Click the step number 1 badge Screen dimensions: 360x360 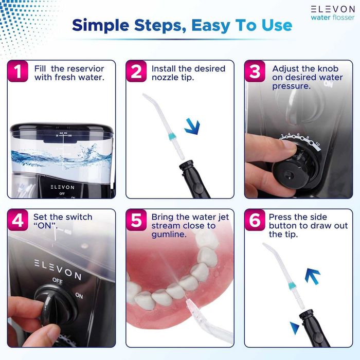[x=19, y=73]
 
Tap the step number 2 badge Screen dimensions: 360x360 [x=136, y=73]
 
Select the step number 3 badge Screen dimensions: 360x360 [x=255, y=73]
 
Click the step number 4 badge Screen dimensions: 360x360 [x=19, y=221]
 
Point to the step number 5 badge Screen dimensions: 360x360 [x=136, y=221]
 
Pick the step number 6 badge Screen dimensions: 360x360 [x=255, y=221]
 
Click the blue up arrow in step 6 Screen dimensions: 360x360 [x=312, y=277]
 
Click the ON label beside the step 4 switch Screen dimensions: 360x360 [x=79, y=296]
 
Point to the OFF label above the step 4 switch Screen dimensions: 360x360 [x=57, y=280]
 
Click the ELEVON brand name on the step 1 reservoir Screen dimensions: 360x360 [x=61, y=187]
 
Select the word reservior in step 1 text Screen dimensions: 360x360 [x=82, y=68]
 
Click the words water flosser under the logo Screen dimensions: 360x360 [x=333, y=17]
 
